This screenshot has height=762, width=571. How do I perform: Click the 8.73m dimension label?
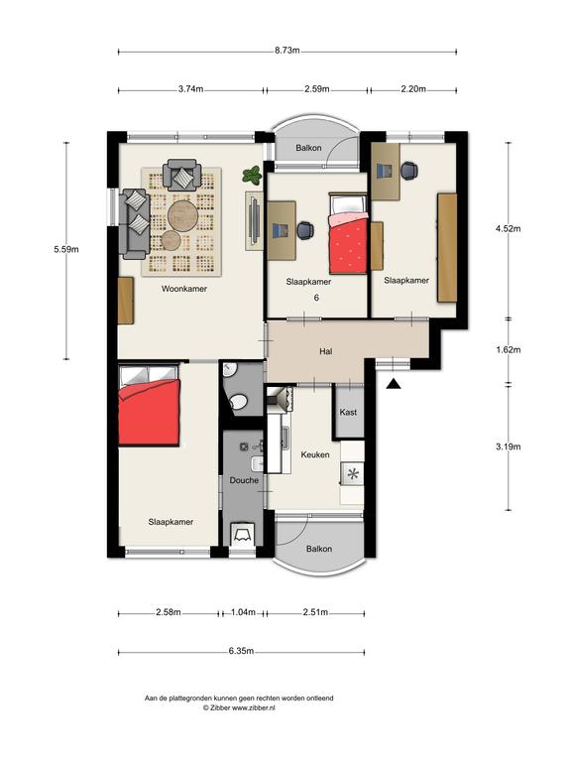286,51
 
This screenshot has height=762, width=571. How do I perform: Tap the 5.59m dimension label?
66,249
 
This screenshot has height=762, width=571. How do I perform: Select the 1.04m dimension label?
243,612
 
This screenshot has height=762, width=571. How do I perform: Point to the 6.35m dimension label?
241,651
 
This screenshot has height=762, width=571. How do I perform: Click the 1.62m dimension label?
508,350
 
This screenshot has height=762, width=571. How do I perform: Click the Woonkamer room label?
184,289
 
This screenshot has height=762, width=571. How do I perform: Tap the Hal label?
326,351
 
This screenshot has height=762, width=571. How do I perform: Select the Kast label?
348,412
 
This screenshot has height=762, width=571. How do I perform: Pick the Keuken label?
315,454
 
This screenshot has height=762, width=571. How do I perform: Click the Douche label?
244,480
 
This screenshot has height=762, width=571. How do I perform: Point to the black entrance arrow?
394,384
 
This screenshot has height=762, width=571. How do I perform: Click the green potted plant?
252,175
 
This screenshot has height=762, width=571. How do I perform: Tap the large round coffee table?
183,214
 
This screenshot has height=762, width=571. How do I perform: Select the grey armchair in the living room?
182,175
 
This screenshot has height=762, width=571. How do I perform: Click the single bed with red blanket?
348,233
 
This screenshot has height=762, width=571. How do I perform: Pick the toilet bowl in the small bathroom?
238,402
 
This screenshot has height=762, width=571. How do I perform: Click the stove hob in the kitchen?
353,473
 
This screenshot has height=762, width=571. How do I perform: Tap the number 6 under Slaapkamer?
316,298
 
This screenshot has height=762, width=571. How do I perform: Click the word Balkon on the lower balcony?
319,549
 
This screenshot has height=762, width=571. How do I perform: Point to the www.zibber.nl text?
254,708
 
